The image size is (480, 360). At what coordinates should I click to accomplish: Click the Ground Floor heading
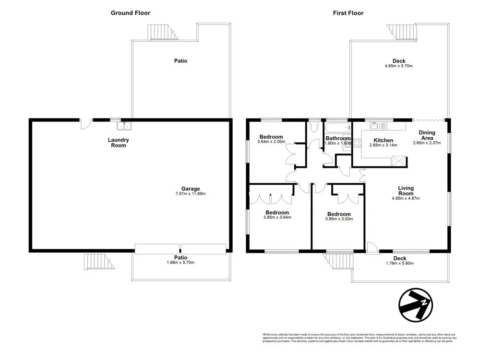[131, 13]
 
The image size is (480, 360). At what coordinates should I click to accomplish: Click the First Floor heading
[348, 13]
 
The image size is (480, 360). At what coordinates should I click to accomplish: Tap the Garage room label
[191, 189]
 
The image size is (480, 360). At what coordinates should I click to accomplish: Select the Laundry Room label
[118, 143]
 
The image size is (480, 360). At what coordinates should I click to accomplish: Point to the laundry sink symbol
[124, 127]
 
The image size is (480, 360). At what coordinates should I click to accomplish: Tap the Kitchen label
[384, 140]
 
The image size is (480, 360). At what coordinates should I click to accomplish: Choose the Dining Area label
[427, 135]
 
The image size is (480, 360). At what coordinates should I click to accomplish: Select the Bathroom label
[338, 138]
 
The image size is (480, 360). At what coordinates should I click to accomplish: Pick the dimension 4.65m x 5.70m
[398, 66]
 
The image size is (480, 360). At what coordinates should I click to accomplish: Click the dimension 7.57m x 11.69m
[191, 194]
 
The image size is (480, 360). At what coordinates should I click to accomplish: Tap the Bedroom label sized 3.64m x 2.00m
[271, 137]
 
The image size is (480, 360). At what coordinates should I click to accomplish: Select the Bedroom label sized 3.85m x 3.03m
[339, 214]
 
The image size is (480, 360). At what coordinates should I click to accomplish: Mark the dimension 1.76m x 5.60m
[399, 263]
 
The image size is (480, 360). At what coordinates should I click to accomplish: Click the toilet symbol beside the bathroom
[314, 127]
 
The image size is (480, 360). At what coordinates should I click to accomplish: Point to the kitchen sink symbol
[375, 126]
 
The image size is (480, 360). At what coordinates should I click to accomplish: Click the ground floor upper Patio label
[180, 61]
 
